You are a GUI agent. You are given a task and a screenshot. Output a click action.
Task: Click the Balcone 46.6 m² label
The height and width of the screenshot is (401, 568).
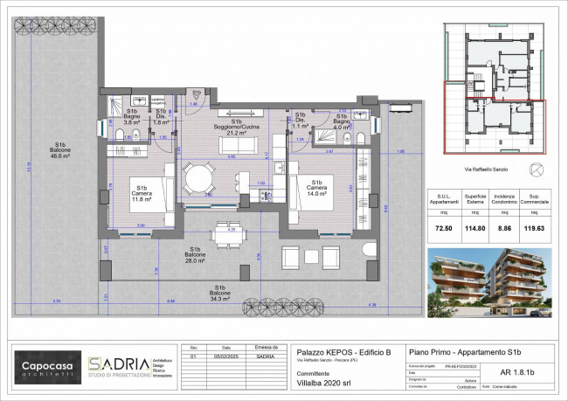click(60, 150)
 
